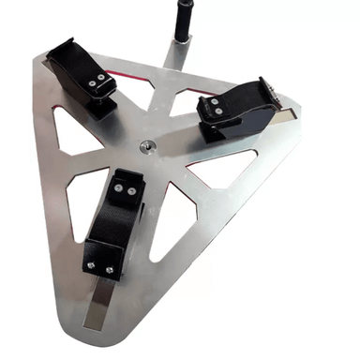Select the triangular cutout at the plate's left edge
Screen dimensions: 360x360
point(67,137)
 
